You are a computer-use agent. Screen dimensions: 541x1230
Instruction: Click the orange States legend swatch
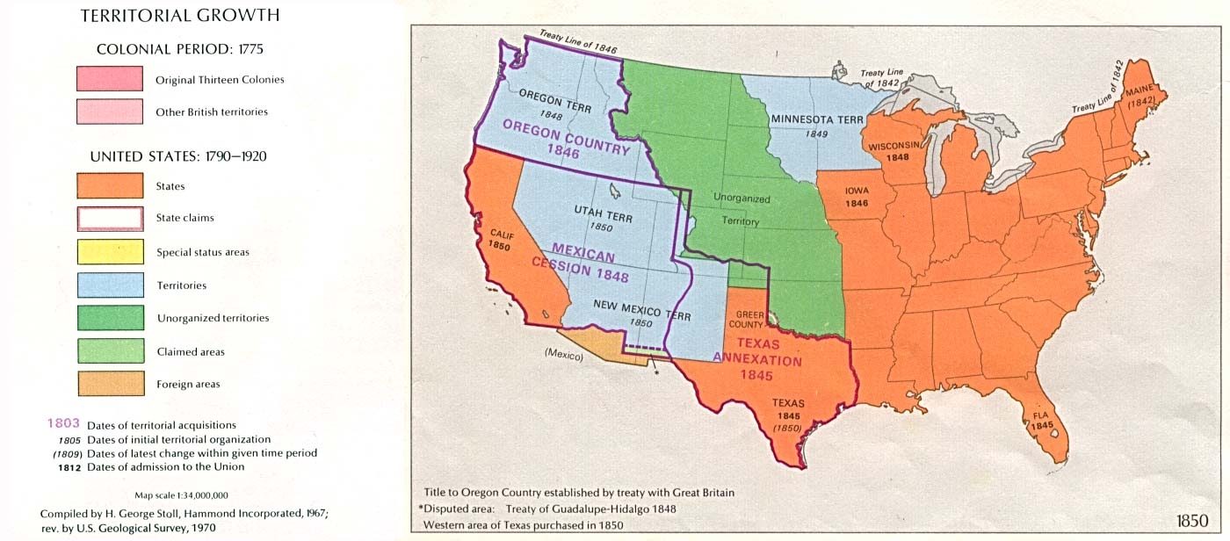tap(110, 185)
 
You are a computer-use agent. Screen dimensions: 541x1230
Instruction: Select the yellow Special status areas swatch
tap(110, 251)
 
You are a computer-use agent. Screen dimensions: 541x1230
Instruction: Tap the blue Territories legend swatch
tap(110, 285)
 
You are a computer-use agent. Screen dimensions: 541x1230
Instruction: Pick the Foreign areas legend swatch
tap(110, 384)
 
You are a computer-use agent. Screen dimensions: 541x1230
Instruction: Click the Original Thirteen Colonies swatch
tap(110, 79)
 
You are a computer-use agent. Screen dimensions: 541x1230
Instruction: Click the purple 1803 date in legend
tap(63, 423)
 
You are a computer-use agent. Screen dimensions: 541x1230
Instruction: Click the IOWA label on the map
tap(857, 190)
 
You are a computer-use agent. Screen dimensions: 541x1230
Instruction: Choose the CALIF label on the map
tap(502, 236)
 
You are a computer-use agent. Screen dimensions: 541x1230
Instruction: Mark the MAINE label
tap(1140, 91)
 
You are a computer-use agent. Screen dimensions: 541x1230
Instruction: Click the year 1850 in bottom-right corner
tap(1191, 520)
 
